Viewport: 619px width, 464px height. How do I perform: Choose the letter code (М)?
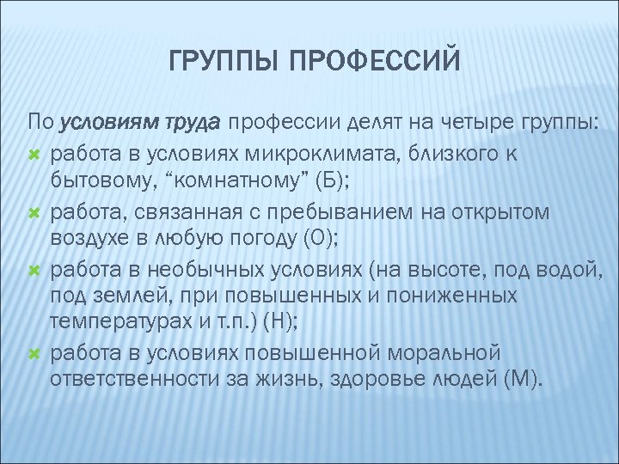[523, 379]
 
